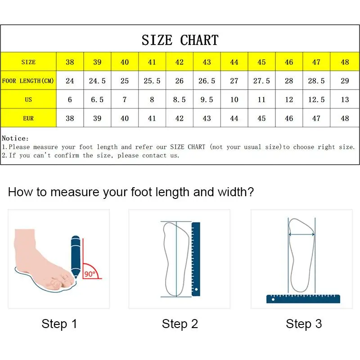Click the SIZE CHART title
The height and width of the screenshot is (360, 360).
pos(180,40)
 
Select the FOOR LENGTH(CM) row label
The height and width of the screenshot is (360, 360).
pos(28,81)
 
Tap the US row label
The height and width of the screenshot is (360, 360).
pos(28,99)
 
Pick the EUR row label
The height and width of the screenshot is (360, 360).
pos(28,118)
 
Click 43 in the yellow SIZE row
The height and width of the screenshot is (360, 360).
pos(207,62)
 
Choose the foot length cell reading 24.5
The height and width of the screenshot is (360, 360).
pos(97,81)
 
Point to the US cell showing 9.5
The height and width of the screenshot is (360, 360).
pos(207,99)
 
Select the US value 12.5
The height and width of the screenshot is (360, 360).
pos(316,99)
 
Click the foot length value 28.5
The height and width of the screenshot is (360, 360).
pos(316,81)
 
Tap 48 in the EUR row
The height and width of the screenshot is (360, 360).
pos(345,118)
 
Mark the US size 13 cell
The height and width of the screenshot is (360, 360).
pos(345,99)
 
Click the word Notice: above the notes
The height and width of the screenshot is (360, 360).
pos(15,139)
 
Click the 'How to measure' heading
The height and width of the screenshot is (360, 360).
pos(131,193)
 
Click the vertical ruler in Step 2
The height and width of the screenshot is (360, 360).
pos(196,259)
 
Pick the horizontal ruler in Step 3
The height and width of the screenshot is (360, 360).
pos(303,298)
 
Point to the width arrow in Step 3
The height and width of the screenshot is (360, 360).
pos(301,234)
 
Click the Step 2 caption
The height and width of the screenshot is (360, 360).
pos(180,324)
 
